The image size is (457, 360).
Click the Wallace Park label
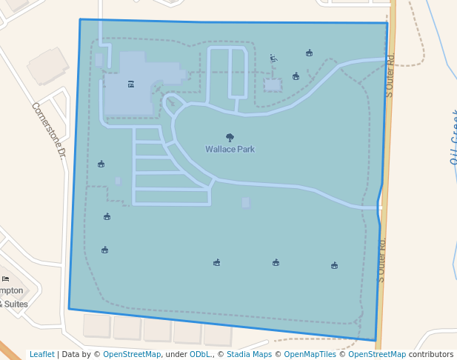[x=230, y=149]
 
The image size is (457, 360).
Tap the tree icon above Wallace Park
[x=230, y=137]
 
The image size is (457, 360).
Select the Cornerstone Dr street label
[x=49, y=130]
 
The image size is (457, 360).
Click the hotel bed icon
[x=6, y=279]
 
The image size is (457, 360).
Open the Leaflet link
[x=41, y=354]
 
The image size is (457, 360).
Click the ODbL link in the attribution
[x=200, y=354]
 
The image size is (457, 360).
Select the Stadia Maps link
[x=249, y=354]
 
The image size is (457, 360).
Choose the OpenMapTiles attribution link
[x=310, y=354]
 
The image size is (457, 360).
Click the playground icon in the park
[x=273, y=58]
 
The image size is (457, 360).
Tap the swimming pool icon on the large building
[x=131, y=84]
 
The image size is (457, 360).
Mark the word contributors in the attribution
[x=431, y=354]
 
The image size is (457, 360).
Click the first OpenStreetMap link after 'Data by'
[x=131, y=354]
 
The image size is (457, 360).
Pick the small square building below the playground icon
[x=273, y=84]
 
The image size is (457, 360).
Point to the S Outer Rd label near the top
[x=390, y=74]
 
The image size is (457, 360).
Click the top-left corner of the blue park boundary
[x=80, y=19]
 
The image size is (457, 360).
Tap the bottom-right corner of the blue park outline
[x=376, y=341]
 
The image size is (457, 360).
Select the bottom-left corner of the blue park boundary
[x=69, y=309]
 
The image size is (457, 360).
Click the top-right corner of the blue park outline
[x=387, y=23]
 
